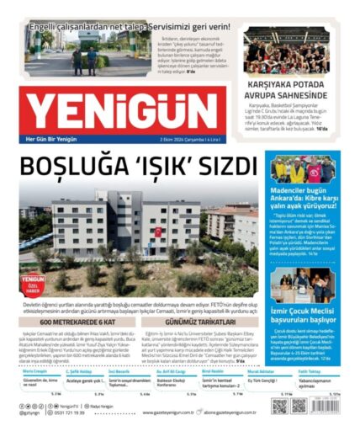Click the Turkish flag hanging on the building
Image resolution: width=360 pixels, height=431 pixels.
pyautogui.click(x=156, y=231)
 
